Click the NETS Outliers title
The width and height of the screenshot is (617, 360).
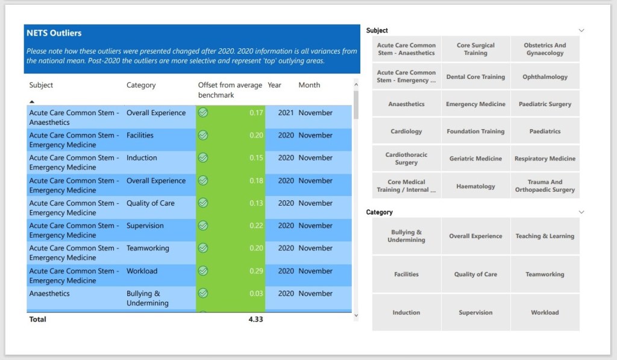(x=54, y=33)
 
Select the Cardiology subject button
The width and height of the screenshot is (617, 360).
(x=406, y=131)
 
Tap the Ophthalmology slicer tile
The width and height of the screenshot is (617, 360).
(x=545, y=77)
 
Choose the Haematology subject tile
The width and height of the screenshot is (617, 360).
(x=475, y=186)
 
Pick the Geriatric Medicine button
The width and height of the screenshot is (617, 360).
(x=475, y=159)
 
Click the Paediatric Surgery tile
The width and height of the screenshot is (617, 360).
(x=545, y=104)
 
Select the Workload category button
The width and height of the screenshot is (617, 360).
(x=545, y=312)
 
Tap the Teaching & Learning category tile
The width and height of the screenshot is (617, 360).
(x=545, y=236)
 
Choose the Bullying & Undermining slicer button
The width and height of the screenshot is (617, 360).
(x=406, y=236)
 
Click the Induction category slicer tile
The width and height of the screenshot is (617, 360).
(x=406, y=312)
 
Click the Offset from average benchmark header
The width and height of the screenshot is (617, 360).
(x=230, y=90)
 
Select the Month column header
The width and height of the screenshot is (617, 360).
(x=309, y=85)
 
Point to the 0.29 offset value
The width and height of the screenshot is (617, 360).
(x=256, y=271)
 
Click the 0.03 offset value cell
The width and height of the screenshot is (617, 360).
(x=256, y=294)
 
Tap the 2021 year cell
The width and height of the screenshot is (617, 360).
(x=286, y=113)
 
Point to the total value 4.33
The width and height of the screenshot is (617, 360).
(x=255, y=319)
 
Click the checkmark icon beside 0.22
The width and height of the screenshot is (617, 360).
(x=203, y=226)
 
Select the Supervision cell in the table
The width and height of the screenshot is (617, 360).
(x=145, y=226)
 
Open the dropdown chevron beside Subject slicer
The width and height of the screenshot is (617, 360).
(x=581, y=30)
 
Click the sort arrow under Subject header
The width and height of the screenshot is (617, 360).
(x=32, y=102)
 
